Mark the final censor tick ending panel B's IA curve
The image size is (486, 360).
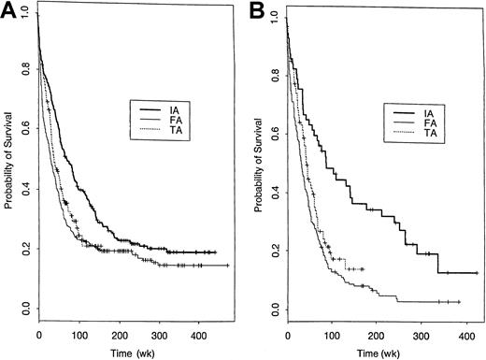477,272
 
